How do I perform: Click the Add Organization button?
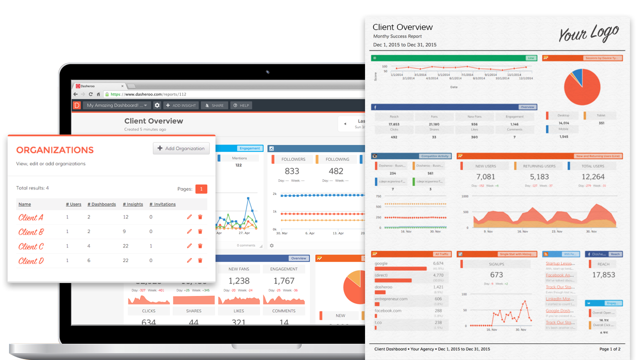[x=181, y=148]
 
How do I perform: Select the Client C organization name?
[x=31, y=246]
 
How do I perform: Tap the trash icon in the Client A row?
[x=200, y=217]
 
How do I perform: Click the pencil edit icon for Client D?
[x=189, y=260]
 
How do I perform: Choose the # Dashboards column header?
[x=101, y=204]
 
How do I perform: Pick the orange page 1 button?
[x=201, y=189]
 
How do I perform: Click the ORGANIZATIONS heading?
[x=55, y=150]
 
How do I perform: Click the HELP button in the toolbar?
[x=241, y=105]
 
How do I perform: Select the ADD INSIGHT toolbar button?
[x=181, y=105]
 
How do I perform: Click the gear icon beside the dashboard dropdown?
[x=157, y=105]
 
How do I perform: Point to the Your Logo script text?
[x=588, y=33]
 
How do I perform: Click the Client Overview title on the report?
[x=402, y=27]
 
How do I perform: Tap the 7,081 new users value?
[x=485, y=176]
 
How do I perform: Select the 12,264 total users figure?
[x=593, y=176]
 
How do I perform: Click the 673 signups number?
[x=496, y=274]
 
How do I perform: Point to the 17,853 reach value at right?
[x=603, y=274]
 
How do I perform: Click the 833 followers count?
[x=292, y=171]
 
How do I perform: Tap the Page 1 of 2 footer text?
[x=609, y=349]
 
